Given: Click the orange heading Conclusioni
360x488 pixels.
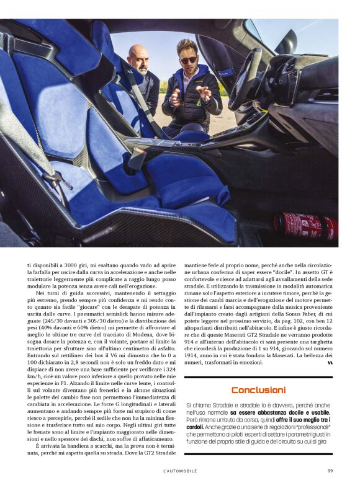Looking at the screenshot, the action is (258, 390).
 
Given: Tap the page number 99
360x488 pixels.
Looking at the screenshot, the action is (330, 471).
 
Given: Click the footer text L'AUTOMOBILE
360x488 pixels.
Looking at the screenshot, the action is (180, 471).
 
